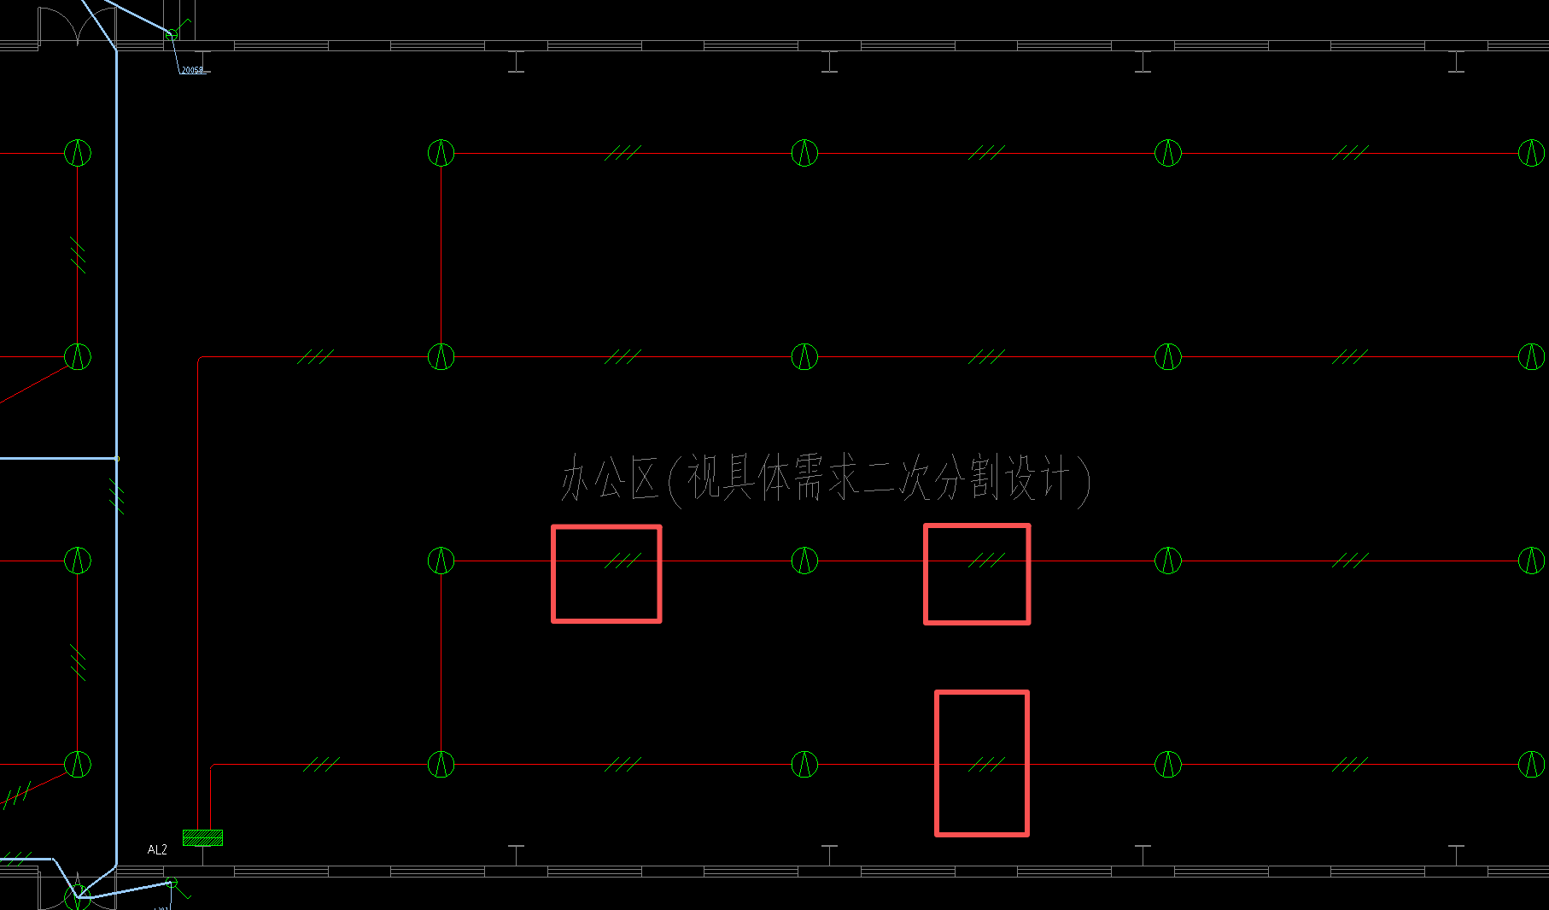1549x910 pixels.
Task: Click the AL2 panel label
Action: point(157,849)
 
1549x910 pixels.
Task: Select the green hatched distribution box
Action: point(202,837)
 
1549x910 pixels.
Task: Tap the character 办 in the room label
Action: point(577,478)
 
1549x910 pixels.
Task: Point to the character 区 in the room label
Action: point(646,478)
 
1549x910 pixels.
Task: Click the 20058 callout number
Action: point(193,70)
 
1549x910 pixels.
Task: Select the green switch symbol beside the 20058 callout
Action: point(172,34)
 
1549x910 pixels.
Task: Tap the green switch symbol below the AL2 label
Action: point(172,883)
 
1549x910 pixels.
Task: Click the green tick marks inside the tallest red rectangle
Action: point(986,764)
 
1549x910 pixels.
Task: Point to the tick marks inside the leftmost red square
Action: point(623,561)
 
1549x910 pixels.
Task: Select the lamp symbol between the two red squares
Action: point(804,561)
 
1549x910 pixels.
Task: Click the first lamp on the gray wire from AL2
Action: point(441,356)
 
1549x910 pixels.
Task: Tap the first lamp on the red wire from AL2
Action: point(441,764)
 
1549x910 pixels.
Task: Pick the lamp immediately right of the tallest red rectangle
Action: point(1168,764)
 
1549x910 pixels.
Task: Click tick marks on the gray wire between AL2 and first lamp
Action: point(315,356)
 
